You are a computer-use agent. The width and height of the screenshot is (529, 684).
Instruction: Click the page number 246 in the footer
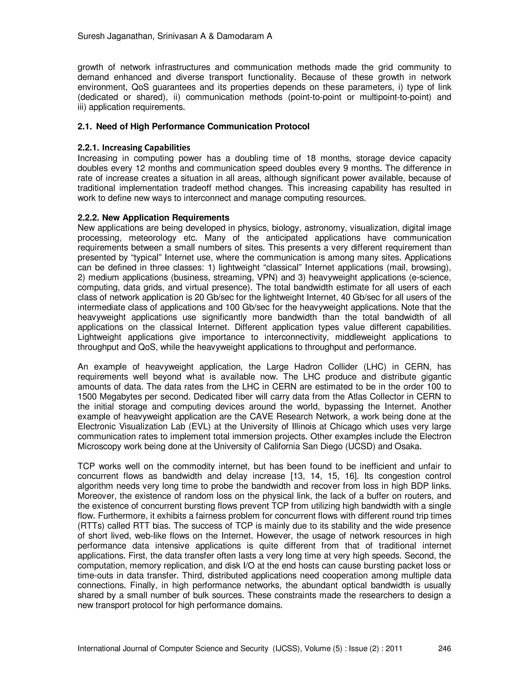[444, 648]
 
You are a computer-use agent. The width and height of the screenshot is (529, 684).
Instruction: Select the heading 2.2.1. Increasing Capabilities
[134, 147]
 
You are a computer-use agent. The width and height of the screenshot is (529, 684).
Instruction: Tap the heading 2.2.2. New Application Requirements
[153, 218]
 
